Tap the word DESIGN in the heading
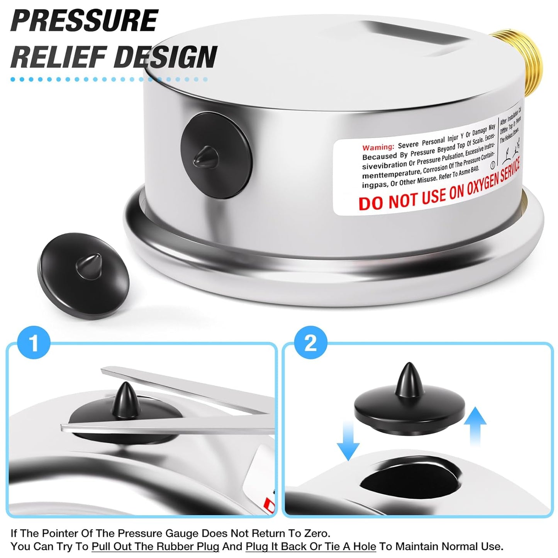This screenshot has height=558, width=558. coord(166,57)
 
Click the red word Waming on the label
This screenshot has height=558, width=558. coord(378,147)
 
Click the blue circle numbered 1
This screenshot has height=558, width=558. coord(34,342)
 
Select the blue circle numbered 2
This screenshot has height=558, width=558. coord(310,342)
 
